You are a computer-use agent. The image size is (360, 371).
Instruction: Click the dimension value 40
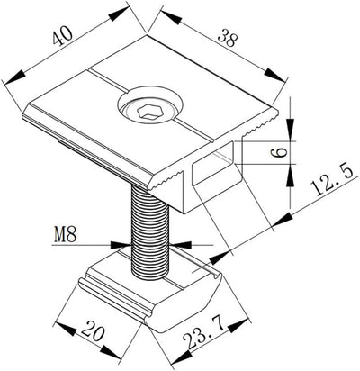coord(62,35)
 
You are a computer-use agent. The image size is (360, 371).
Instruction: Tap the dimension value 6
coord(279,153)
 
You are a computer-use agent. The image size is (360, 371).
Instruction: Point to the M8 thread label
coord(66,234)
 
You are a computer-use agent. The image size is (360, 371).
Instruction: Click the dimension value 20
coord(94,330)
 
